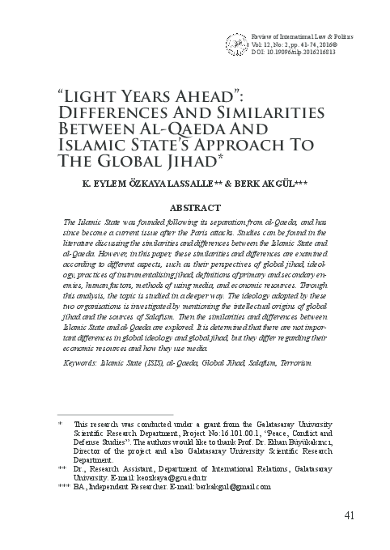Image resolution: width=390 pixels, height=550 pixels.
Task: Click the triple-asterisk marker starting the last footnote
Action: (64, 487)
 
